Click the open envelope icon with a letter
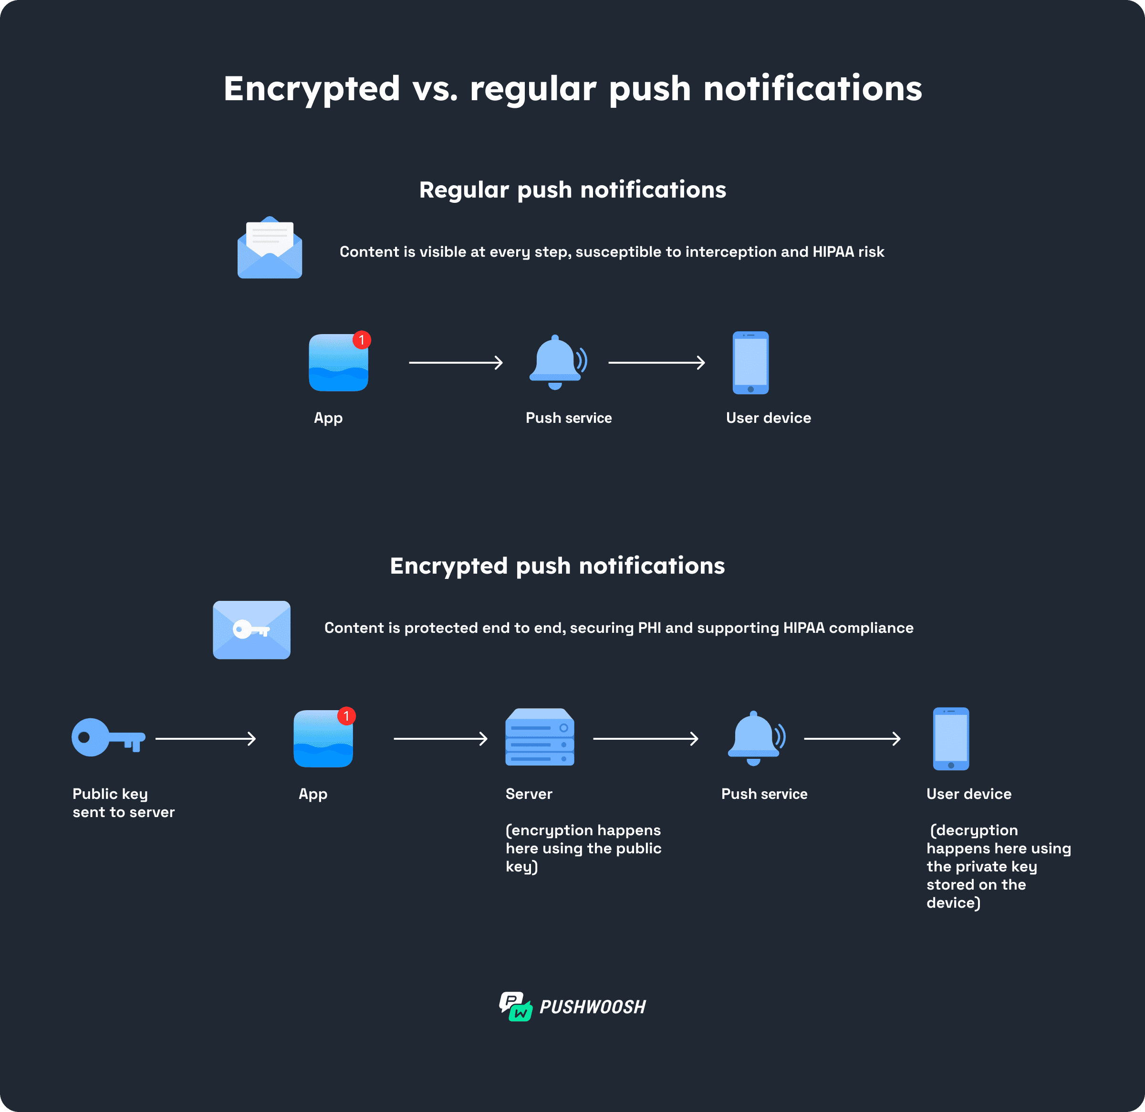(x=269, y=248)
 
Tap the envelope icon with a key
(x=251, y=630)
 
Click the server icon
(x=539, y=737)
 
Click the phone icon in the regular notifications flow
(x=750, y=362)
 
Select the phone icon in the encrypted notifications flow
(x=950, y=739)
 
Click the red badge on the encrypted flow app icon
(x=346, y=716)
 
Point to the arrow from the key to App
(x=206, y=739)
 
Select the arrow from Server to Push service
(x=645, y=739)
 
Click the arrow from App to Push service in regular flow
(x=456, y=363)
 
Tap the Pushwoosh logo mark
(x=515, y=1006)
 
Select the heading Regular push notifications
(x=572, y=190)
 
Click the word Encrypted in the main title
(x=312, y=89)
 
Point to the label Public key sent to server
(x=123, y=803)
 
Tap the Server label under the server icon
(x=529, y=794)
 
